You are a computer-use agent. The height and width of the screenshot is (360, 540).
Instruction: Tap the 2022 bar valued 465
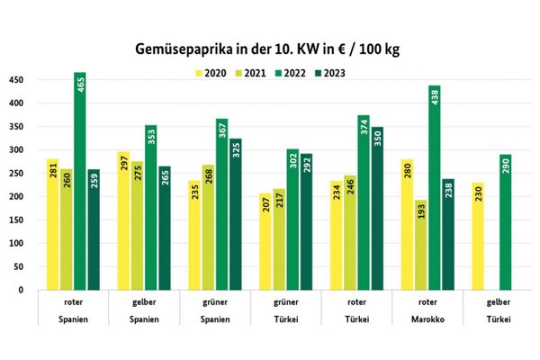coord(80,181)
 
